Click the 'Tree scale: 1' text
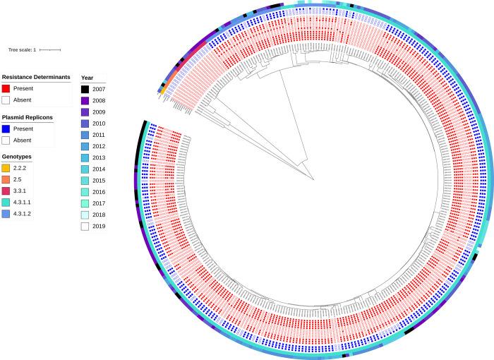(x=21, y=49)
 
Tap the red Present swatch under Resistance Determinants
(x=6, y=89)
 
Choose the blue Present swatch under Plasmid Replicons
(x=6, y=129)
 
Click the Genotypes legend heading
(x=18, y=157)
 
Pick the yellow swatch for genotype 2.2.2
(x=6, y=169)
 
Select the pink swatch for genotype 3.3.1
(x=6, y=191)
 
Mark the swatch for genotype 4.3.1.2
(x=6, y=212)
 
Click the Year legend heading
(x=88, y=78)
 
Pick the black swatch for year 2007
(x=85, y=89)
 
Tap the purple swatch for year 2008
(x=85, y=100)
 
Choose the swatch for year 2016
(x=85, y=191)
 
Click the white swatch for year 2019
(x=85, y=224)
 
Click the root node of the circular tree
(x=315, y=179)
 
